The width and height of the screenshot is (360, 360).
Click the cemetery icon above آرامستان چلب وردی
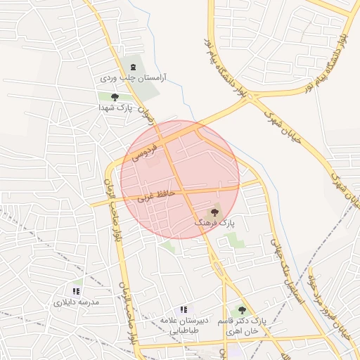[x=133, y=65]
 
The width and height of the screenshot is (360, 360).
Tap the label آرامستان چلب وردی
[x=133, y=77]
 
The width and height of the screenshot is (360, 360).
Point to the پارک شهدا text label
[x=115, y=109]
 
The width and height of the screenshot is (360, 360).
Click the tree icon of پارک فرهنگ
[x=214, y=211]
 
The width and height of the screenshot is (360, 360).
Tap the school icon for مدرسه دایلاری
[x=77, y=291]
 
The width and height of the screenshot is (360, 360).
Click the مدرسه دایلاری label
[x=77, y=302]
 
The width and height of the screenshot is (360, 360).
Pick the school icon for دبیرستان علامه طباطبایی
[x=183, y=309]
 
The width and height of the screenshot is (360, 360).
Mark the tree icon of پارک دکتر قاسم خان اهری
[x=242, y=310]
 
